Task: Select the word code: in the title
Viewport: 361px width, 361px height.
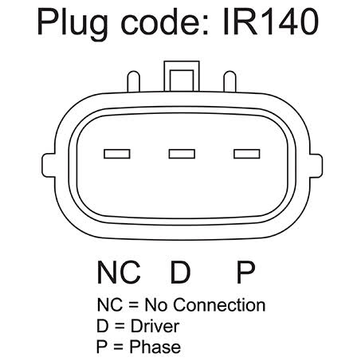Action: pyautogui.click(x=165, y=22)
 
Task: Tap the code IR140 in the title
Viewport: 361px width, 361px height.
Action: pyautogui.click(x=271, y=22)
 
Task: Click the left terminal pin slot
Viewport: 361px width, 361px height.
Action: pyautogui.click(x=117, y=154)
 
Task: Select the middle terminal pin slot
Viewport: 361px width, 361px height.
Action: pyautogui.click(x=182, y=154)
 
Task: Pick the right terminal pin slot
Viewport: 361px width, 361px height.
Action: pyautogui.click(x=247, y=154)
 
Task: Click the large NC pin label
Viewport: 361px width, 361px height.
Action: pyautogui.click(x=119, y=273)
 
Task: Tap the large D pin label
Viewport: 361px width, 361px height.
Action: pyautogui.click(x=180, y=273)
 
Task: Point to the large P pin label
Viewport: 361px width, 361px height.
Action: pyautogui.click(x=245, y=273)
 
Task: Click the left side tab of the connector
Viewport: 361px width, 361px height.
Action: pyautogui.click(x=49, y=166)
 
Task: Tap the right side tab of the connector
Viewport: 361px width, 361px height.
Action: pyautogui.click(x=316, y=166)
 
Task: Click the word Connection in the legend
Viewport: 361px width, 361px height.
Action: pyautogui.click(x=219, y=304)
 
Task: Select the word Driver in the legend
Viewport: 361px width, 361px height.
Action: pyautogui.click(x=155, y=326)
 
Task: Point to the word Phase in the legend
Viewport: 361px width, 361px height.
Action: pyautogui.click(x=155, y=347)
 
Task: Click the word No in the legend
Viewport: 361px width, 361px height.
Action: pyautogui.click(x=156, y=304)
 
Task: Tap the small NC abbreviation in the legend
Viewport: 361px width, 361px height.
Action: pyautogui.click(x=110, y=304)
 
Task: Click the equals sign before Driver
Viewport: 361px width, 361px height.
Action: pyautogui.click(x=120, y=326)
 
